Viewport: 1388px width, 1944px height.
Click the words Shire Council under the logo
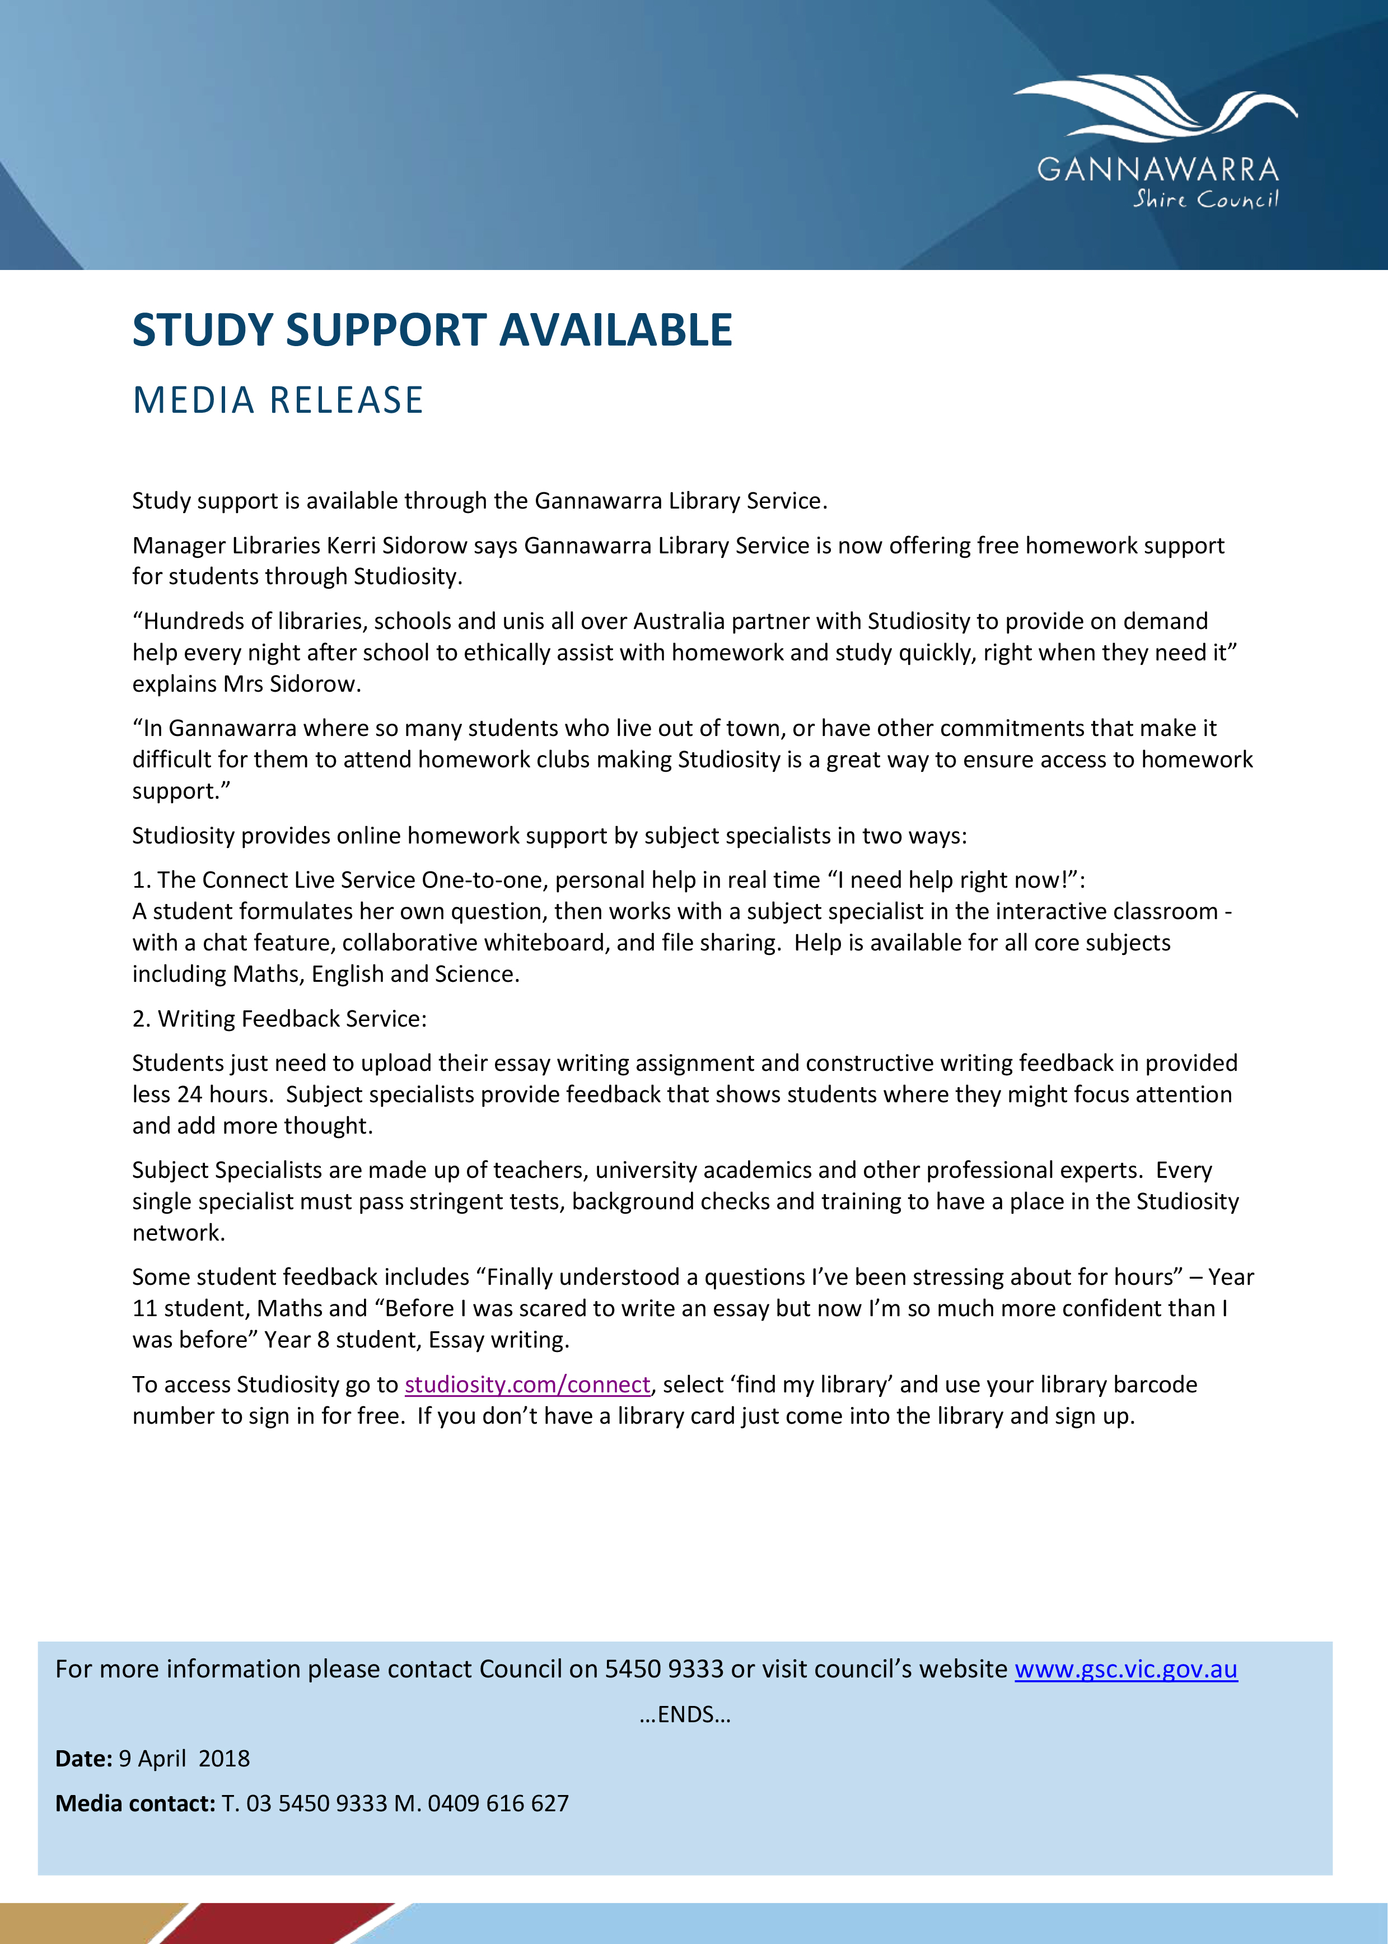(1205, 199)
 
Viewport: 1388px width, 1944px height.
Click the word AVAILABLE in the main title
(615, 330)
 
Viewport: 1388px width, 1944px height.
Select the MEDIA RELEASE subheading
(278, 400)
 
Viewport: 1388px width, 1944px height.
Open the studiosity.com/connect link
(527, 1384)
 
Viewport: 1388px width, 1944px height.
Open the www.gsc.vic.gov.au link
(1125, 1669)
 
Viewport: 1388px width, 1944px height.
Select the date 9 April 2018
(184, 1759)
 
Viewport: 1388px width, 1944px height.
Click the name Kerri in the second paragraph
(351, 546)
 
